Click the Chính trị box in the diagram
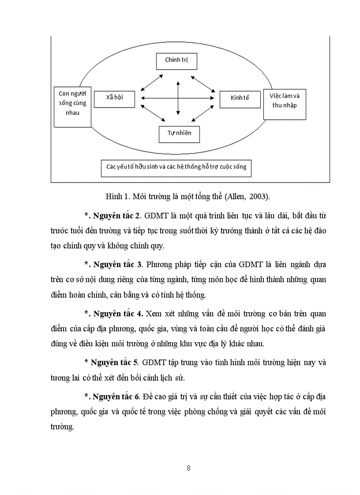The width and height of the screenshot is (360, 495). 176,60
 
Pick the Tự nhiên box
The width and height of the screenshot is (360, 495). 179,133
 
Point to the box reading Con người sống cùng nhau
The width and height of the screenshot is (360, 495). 72,107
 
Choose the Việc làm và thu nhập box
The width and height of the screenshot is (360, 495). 284,103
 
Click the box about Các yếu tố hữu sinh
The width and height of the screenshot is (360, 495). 176,167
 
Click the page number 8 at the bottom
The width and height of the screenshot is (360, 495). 188,468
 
